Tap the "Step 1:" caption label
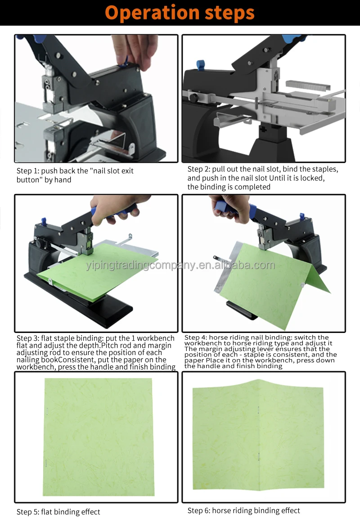coord(29,171)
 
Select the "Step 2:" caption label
coord(200,169)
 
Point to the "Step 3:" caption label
coord(29,338)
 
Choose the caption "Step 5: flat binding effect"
coord(58,512)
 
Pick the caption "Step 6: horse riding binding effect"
coord(243,510)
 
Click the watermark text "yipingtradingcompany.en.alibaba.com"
coord(180,265)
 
